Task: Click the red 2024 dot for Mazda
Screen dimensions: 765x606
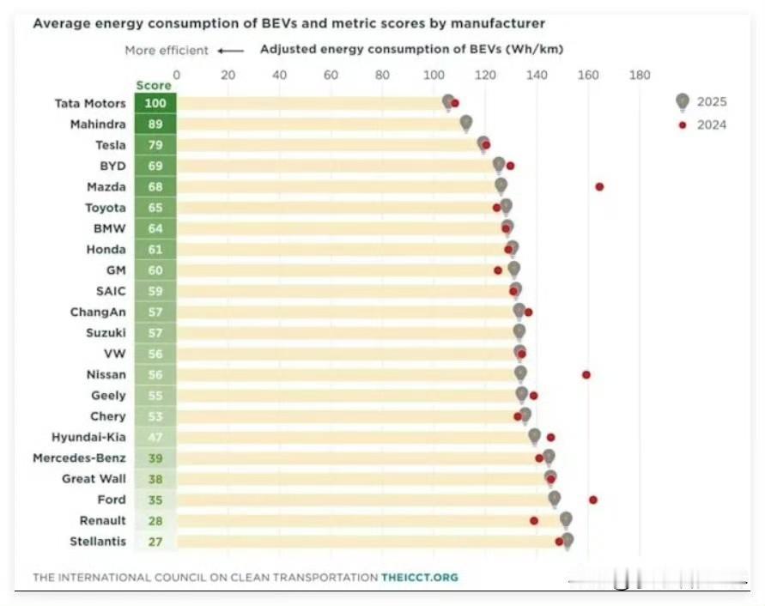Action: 599,187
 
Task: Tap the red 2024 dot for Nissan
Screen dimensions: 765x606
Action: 586,375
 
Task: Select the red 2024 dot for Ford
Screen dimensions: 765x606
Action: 593,500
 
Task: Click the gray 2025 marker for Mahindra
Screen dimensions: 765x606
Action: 466,124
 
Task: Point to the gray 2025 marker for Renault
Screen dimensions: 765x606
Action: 566,520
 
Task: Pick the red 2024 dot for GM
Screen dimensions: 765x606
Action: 498,270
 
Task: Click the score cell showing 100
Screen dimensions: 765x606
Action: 155,103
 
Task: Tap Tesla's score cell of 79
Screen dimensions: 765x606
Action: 155,145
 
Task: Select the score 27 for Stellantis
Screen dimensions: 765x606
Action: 155,542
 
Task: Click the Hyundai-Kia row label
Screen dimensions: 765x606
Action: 88,437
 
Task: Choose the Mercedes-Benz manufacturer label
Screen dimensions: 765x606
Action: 80,458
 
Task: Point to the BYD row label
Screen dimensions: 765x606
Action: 112,166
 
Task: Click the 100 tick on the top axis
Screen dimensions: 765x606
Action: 434,76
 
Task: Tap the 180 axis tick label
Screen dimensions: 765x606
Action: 640,76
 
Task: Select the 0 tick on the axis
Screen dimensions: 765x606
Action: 177,76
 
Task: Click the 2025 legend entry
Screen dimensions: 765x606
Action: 701,102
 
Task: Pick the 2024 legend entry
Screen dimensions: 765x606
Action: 702,125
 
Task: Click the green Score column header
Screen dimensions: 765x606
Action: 154,85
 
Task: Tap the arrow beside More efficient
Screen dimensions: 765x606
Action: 231,51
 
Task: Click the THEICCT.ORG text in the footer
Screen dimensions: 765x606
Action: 420,578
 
